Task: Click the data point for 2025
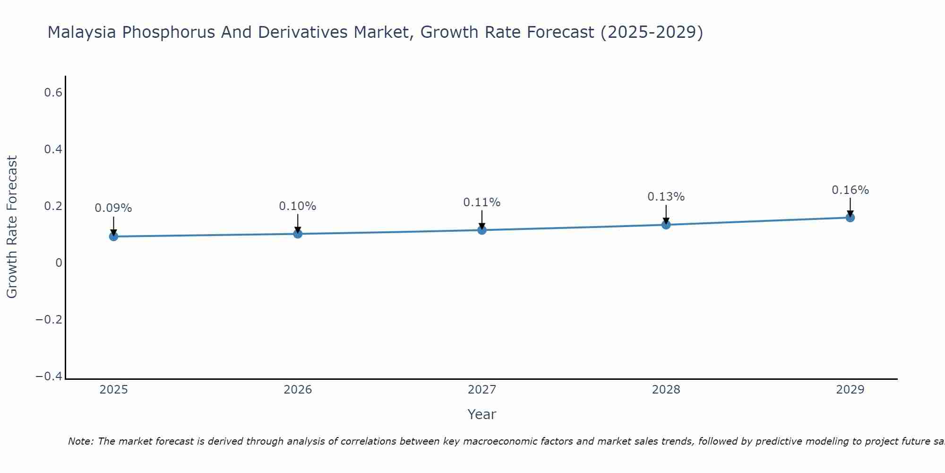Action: (113, 236)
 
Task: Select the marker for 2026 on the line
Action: (298, 234)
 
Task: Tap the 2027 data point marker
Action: (482, 230)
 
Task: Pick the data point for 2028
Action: (666, 225)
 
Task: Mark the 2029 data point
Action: (850, 218)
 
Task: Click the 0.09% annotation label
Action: (113, 208)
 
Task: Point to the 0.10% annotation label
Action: (298, 206)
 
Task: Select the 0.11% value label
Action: (482, 202)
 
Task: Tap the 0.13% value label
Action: (666, 197)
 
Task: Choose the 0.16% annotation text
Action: (850, 190)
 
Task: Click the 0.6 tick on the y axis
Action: (53, 93)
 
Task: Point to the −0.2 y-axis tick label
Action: (49, 320)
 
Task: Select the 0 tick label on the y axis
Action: (59, 263)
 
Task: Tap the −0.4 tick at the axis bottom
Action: (49, 377)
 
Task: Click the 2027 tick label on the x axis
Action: (482, 390)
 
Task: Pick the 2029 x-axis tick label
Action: (850, 390)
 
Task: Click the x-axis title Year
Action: (482, 414)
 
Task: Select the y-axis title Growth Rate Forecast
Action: (12, 227)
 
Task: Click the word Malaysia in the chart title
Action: (81, 33)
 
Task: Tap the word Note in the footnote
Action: (81, 441)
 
